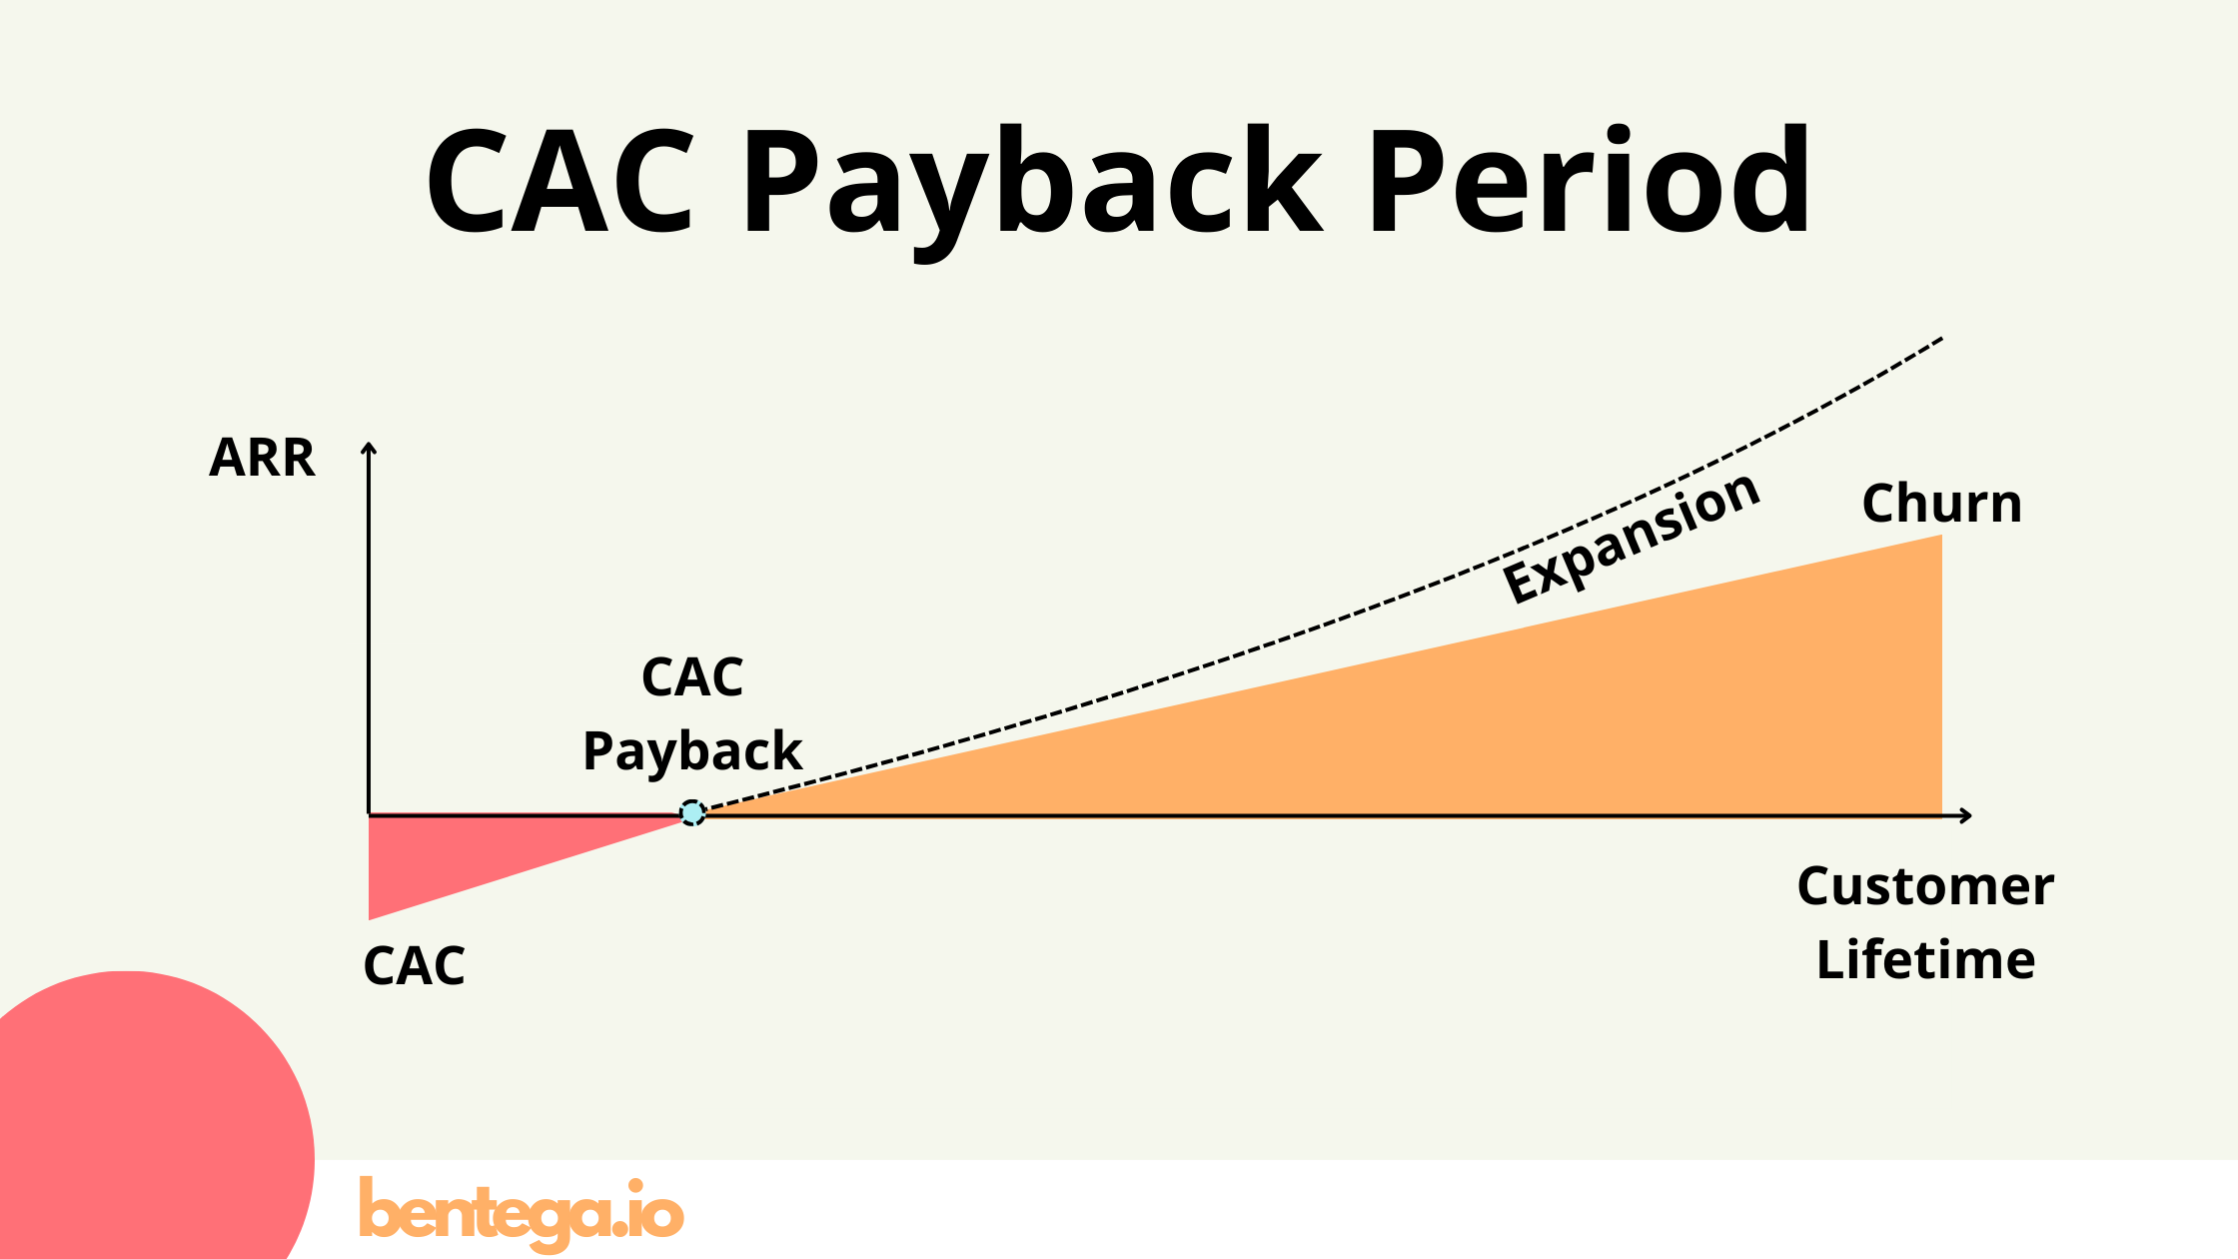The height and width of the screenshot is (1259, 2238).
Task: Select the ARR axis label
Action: pos(262,459)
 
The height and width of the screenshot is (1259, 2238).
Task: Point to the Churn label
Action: pos(1941,503)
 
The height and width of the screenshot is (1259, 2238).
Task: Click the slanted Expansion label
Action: pos(1632,540)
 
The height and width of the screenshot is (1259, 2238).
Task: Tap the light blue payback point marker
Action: pos(692,813)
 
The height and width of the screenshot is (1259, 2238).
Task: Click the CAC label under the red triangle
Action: pos(414,966)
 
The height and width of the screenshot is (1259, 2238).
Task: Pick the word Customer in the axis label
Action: pos(1925,886)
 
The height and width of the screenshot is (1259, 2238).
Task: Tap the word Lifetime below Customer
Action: pos(1925,960)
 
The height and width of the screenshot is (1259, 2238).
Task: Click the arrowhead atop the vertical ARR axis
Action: pos(369,448)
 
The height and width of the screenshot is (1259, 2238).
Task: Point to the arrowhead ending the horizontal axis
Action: pos(1966,815)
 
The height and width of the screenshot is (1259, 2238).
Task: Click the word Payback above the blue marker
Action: pos(692,751)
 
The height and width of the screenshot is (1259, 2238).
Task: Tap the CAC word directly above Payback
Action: pos(692,677)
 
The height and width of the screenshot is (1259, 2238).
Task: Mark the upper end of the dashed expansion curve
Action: pos(1938,340)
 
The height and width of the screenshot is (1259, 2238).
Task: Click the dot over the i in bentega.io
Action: pos(635,1186)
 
